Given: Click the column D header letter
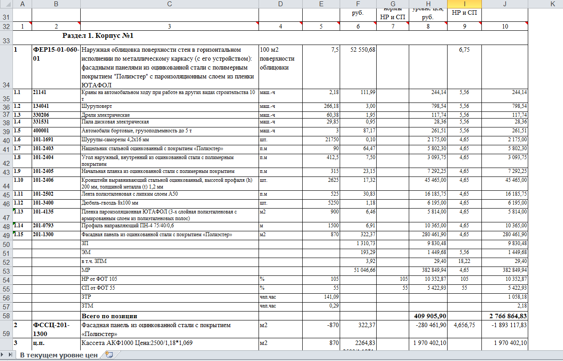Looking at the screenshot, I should click(x=280, y=4).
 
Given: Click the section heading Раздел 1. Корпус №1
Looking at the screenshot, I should click(x=98, y=36).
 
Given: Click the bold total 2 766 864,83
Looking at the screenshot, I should click(x=505, y=316).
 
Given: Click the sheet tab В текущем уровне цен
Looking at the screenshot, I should click(x=58, y=355).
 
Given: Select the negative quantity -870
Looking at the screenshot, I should click(x=330, y=325).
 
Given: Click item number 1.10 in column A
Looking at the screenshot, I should click(x=18, y=180).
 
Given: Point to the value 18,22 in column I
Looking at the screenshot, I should click(x=464, y=262).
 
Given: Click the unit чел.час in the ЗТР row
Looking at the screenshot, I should click(x=268, y=297).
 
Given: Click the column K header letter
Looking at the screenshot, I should click(x=552, y=4).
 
